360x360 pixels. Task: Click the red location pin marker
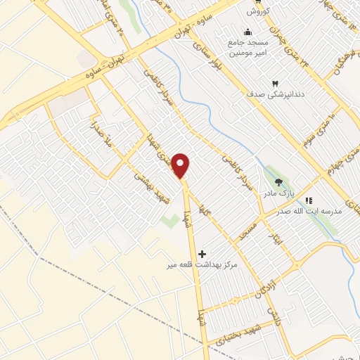pos(181,166)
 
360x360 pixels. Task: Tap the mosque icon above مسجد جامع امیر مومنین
pos(247,32)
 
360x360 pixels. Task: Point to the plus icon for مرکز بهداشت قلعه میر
pos(202,252)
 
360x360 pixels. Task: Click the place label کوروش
pos(258,11)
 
